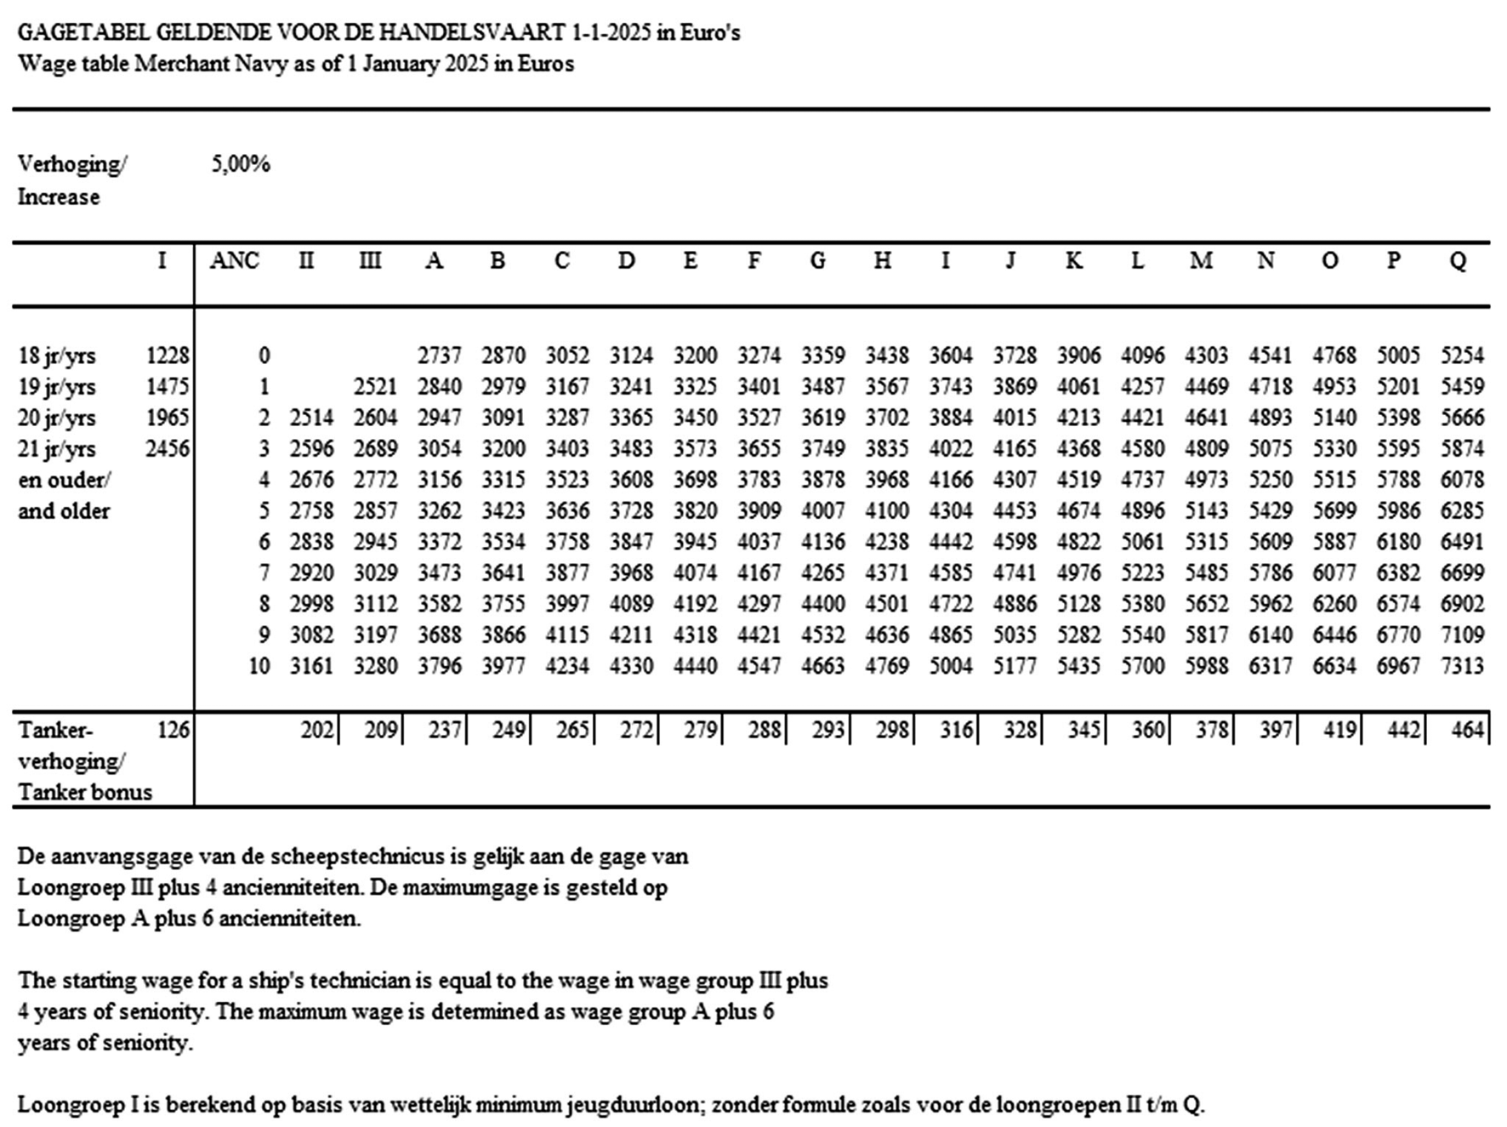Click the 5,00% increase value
(x=241, y=163)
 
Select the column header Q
(x=1458, y=260)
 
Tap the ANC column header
(x=234, y=260)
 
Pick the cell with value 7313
(x=1462, y=665)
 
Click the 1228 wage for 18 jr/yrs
(x=167, y=356)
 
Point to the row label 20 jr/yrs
(x=57, y=418)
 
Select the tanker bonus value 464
(x=1467, y=730)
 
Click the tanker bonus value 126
(x=173, y=730)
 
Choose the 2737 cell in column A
(x=439, y=356)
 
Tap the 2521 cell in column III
(x=375, y=387)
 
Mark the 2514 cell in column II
(x=311, y=418)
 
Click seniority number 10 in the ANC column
(x=259, y=665)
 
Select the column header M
(x=1201, y=260)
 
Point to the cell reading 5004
(x=951, y=665)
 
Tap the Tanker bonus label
(x=85, y=792)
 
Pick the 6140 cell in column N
(x=1271, y=635)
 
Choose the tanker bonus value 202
(x=317, y=730)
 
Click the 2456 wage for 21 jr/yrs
(x=167, y=449)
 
